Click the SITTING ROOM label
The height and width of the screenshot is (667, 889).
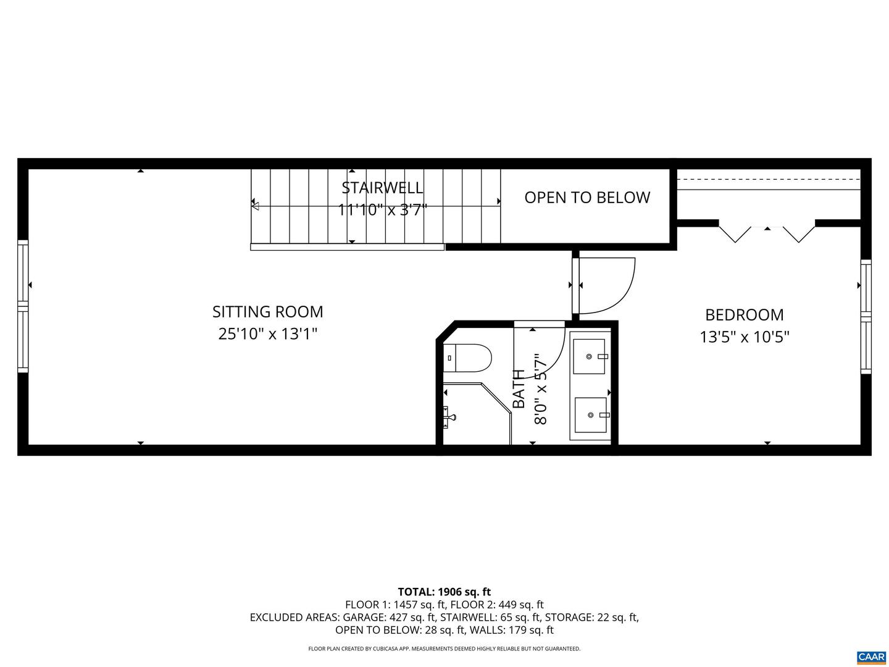pos(267,311)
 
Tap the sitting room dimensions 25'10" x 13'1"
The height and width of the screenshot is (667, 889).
pos(267,334)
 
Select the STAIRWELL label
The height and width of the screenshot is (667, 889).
pos(382,187)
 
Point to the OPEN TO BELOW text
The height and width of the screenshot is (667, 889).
pos(587,197)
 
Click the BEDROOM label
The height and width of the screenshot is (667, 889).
pos(744,315)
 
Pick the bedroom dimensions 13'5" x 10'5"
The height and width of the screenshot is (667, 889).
pos(744,337)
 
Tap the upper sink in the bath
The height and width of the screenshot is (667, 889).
pos(589,356)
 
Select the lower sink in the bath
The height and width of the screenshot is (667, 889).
pos(591,416)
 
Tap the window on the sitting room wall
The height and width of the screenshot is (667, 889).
pos(23,306)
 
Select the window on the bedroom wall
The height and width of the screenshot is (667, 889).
pos(866,317)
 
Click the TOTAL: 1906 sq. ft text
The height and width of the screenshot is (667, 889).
pos(444,592)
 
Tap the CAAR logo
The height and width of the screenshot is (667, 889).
pos(871,657)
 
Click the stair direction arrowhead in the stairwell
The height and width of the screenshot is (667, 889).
pos(256,206)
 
